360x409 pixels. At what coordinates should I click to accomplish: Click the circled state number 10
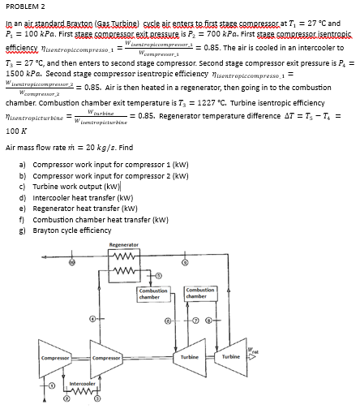coord(71,264)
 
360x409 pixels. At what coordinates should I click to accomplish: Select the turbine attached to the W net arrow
coord(232,357)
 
